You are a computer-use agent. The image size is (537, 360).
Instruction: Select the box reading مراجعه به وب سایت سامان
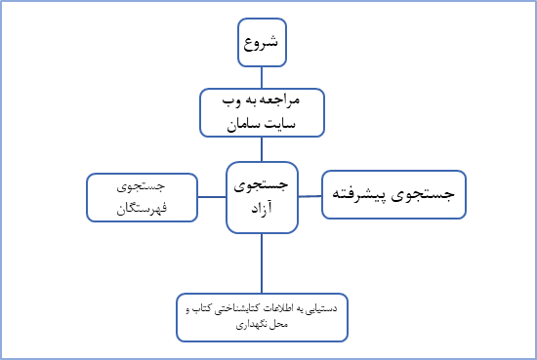click(x=261, y=112)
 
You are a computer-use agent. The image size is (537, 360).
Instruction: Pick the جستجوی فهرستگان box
click(x=141, y=196)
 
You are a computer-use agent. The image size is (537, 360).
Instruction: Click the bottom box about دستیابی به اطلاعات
click(x=262, y=315)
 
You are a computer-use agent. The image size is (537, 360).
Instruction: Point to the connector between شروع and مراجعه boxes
click(x=261, y=78)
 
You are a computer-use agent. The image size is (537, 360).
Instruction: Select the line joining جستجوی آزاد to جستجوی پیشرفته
click(x=310, y=195)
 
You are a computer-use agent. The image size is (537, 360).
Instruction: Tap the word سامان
click(x=243, y=125)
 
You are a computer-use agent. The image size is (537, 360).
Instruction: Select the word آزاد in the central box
click(x=261, y=210)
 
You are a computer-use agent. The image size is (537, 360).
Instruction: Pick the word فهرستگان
click(x=141, y=208)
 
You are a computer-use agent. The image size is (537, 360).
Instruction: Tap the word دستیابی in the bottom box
click(x=318, y=308)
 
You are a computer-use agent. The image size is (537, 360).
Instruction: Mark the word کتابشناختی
click(x=227, y=308)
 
